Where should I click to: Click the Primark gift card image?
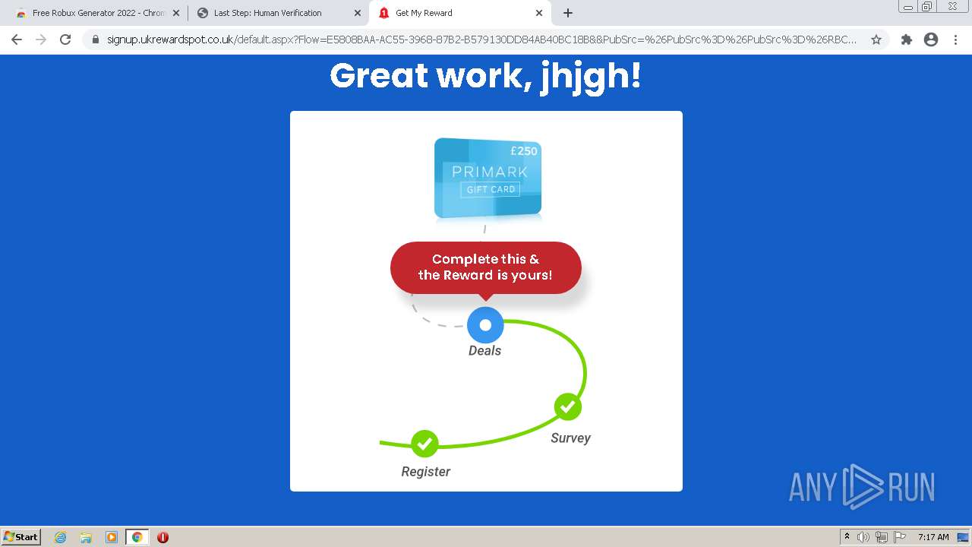[488, 178]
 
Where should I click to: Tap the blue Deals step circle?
[485, 324]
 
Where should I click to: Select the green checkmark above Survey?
[567, 406]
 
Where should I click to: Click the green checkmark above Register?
[424, 443]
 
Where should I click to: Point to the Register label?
[425, 472]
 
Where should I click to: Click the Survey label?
[570, 438]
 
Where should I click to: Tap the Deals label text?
[484, 350]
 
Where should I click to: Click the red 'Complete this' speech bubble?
[485, 268]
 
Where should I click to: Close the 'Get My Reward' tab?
[539, 13]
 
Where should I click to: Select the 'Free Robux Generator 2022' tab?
[98, 13]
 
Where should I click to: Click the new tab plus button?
[567, 13]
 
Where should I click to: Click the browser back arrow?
[17, 40]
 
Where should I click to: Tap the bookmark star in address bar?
[876, 40]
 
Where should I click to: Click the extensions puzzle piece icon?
[906, 40]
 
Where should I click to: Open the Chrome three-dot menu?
[955, 40]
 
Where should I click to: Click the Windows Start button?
[21, 537]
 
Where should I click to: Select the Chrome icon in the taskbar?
[137, 537]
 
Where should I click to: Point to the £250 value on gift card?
[524, 151]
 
